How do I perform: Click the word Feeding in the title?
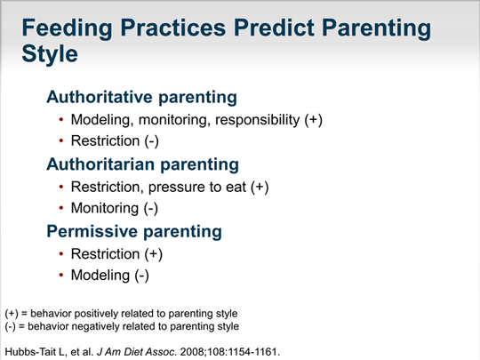click(67, 28)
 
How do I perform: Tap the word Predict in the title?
click(274, 28)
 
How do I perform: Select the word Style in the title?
click(50, 54)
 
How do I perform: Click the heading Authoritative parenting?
click(141, 97)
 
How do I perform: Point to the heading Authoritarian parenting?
click(142, 164)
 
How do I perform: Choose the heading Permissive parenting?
click(134, 231)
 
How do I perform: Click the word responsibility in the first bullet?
click(258, 120)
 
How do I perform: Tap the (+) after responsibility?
click(314, 120)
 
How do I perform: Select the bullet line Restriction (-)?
click(115, 141)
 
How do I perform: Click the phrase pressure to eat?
click(197, 187)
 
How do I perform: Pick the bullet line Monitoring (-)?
click(115, 209)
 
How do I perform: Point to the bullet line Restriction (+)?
click(116, 254)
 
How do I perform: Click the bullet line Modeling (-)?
click(110, 276)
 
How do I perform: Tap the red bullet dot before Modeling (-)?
click(61, 275)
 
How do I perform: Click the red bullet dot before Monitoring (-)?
click(61, 208)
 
